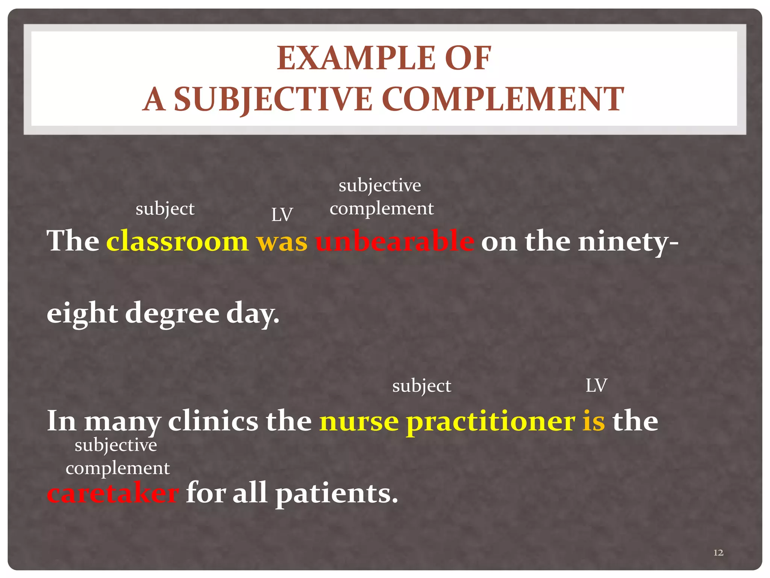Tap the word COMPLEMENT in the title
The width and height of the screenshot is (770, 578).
point(503,99)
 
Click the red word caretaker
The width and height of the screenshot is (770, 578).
point(113,493)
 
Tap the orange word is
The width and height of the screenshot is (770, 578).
point(594,421)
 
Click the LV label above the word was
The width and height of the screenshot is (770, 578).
point(282,215)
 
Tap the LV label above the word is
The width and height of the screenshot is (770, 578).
point(596,386)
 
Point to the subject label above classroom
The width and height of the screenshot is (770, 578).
point(165,209)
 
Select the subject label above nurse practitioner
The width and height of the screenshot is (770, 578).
point(421,386)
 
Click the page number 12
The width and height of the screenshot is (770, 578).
point(718,552)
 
